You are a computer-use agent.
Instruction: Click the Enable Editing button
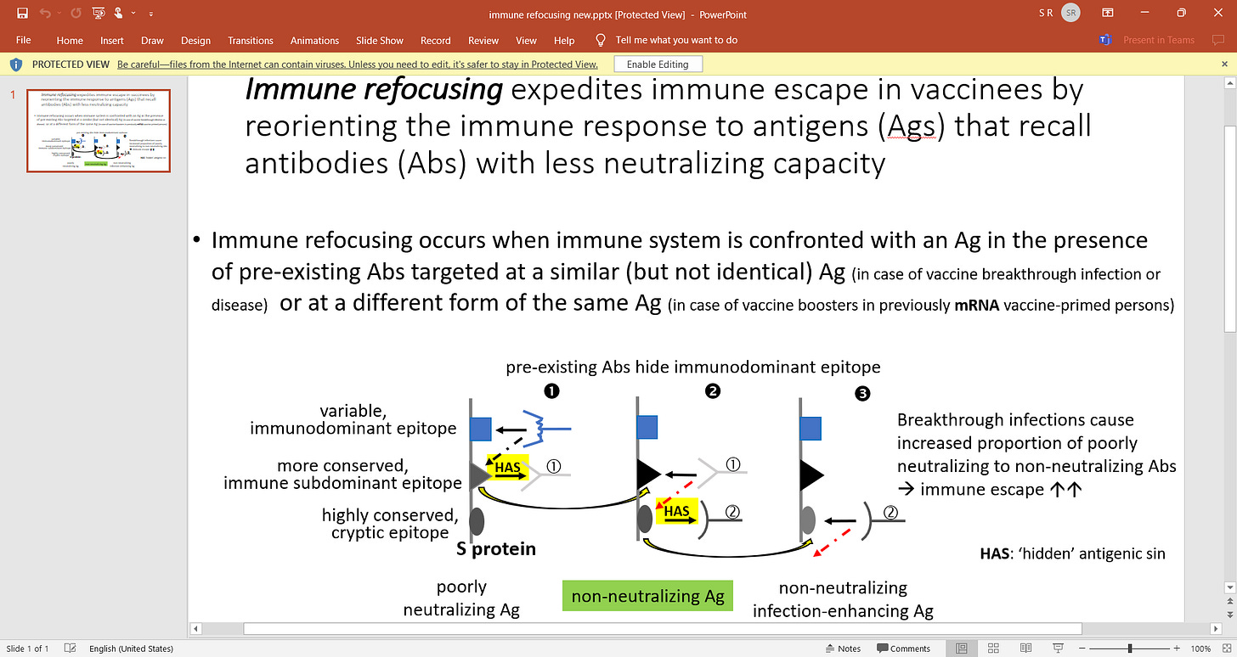click(658, 65)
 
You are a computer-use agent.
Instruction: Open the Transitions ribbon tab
click(251, 40)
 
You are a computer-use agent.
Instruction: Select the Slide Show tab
click(380, 40)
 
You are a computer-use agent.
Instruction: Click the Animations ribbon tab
click(314, 40)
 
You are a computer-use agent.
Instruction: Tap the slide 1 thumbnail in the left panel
click(99, 131)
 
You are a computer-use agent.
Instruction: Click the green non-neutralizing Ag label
click(647, 596)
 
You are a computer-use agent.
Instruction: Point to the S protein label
click(496, 548)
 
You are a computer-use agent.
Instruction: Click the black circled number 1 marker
click(552, 391)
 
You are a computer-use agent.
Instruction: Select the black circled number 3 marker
click(863, 393)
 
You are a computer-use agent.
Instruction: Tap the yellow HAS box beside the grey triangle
click(507, 468)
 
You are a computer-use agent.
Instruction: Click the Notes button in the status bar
click(843, 649)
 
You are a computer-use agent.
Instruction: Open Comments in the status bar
click(904, 649)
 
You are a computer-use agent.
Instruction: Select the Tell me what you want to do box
click(675, 40)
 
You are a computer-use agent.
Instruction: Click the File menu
click(23, 40)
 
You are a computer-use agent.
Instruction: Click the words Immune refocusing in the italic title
click(361, 88)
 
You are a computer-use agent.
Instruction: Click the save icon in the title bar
click(22, 14)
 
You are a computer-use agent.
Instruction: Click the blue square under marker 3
click(811, 428)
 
